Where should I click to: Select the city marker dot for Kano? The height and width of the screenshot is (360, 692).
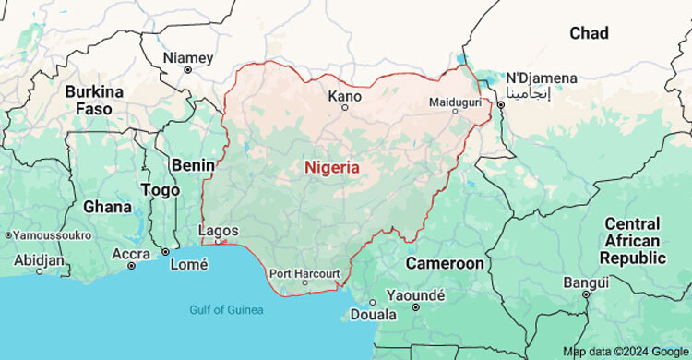(x=345, y=108)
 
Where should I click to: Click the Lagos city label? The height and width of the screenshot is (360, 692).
(x=218, y=231)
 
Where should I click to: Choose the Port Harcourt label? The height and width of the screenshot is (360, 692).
(x=304, y=273)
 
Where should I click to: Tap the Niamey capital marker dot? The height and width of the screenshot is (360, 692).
(x=187, y=70)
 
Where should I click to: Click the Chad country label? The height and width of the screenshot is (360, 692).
(x=589, y=33)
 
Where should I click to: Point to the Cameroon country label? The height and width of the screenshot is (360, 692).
(x=445, y=263)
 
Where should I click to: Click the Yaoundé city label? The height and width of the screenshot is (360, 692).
(x=416, y=295)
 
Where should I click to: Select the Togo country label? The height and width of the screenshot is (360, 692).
(x=160, y=189)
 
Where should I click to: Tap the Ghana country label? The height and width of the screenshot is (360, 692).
(x=107, y=207)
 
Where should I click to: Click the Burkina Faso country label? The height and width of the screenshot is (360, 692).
(x=94, y=101)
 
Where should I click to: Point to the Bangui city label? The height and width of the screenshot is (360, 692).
(x=586, y=280)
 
